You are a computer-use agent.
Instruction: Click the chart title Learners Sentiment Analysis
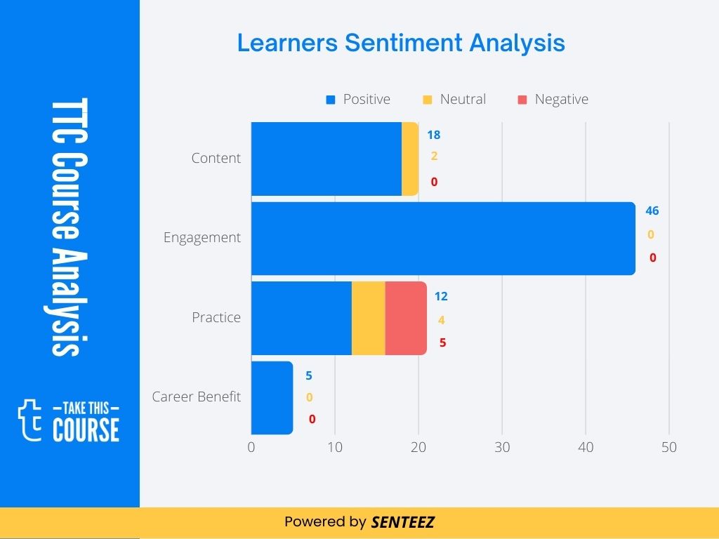pos(401,43)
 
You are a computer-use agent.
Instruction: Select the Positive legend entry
pos(358,100)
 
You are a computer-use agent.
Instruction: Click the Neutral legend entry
pos(454,100)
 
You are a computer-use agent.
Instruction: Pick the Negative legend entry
pos(553,100)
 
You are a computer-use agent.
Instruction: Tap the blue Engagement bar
pos(443,238)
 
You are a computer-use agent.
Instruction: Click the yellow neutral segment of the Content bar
pos(410,159)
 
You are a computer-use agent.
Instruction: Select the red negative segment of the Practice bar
pos(406,318)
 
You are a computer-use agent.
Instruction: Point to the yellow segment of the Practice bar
pos(368,318)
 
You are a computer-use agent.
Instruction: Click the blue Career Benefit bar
pos(272,397)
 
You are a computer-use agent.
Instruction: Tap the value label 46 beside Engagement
pos(652,211)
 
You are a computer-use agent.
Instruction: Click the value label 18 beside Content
pos(434,135)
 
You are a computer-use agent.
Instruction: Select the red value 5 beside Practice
pos(442,343)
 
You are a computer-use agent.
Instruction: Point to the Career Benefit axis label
pos(196,397)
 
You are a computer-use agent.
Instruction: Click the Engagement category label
pos(202,238)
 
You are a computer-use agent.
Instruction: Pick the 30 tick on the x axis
pos(502,447)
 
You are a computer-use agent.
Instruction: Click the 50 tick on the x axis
pos(669,447)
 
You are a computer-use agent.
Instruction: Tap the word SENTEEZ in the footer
pos(403,522)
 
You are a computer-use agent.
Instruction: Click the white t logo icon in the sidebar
pos(30,419)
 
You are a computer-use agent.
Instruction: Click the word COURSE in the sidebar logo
pos(86,430)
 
